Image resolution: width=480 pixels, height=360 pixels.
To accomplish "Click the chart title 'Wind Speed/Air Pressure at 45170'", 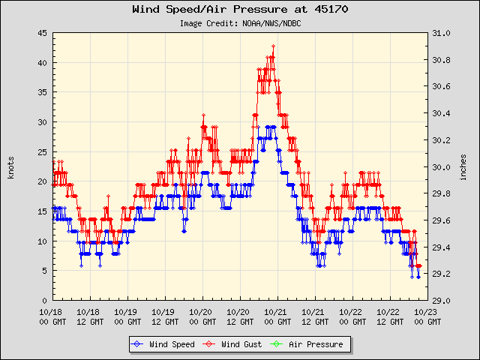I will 240,10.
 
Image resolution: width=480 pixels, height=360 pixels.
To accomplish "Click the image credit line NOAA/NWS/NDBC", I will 240,23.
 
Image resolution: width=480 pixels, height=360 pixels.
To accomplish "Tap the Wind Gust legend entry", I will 239,344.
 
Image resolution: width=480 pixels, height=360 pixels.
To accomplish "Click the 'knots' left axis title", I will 10,166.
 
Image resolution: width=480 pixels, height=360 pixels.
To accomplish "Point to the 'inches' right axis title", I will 463,166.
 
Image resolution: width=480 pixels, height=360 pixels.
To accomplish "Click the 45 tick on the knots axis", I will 43,33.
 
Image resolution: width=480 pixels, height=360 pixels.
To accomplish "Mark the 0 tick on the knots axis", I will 45,300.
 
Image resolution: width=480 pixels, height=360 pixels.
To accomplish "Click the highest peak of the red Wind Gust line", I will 274,46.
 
